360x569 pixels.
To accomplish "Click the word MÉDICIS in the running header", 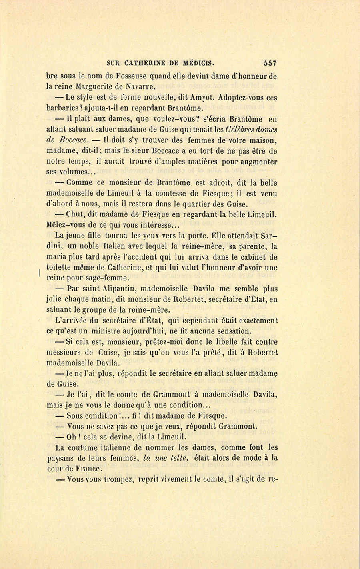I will click(198, 63).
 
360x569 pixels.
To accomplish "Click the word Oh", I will click(72, 437).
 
